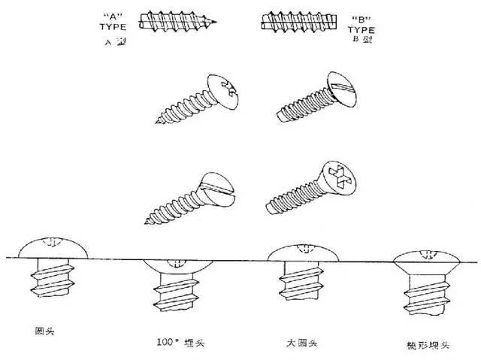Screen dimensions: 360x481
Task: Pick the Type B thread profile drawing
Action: point(294,22)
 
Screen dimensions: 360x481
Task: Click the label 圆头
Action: point(45,330)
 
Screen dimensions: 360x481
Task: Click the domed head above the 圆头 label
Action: point(51,247)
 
